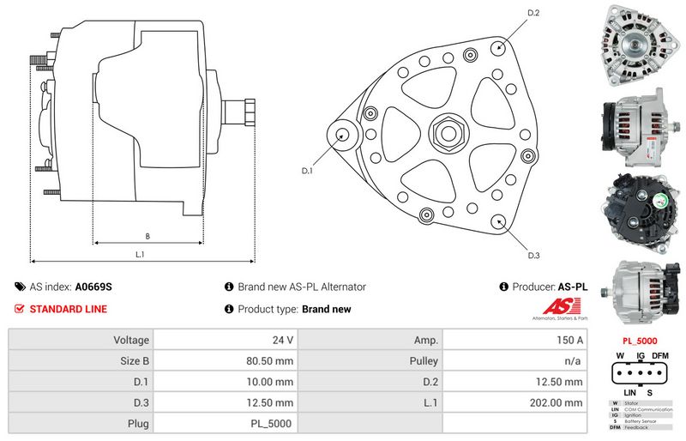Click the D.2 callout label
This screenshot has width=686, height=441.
pos(533,13)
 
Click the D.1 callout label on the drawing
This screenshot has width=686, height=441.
pos(307,172)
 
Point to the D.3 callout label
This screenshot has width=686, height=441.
pos(533,255)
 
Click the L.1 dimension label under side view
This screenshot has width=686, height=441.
pos(139,255)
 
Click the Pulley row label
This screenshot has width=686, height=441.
pos(424,360)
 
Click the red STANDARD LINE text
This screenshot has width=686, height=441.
pos(69,309)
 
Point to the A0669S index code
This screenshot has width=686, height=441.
pos(93,287)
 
